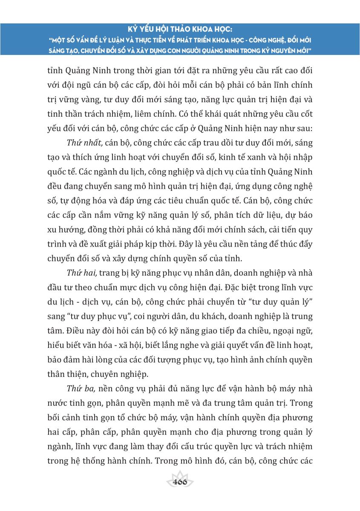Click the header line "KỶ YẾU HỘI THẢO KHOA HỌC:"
coord(180,30)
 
